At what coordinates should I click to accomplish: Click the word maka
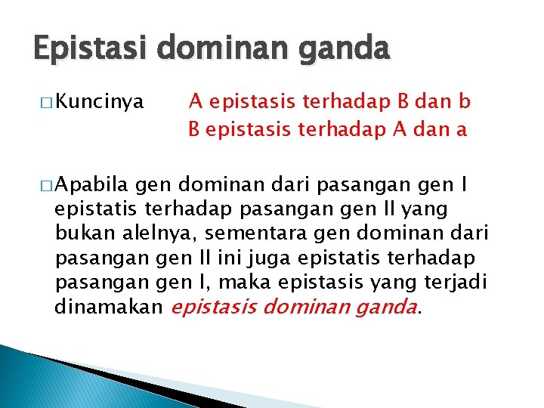coord(249,282)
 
